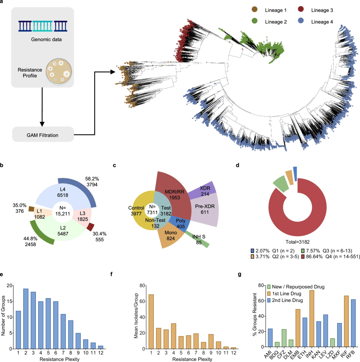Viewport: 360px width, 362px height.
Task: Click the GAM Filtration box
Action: pyautogui.click(x=43, y=134)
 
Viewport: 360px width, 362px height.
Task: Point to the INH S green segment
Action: pyautogui.click(x=202, y=239)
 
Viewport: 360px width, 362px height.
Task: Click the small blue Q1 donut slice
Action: pyautogui.click(x=295, y=174)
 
